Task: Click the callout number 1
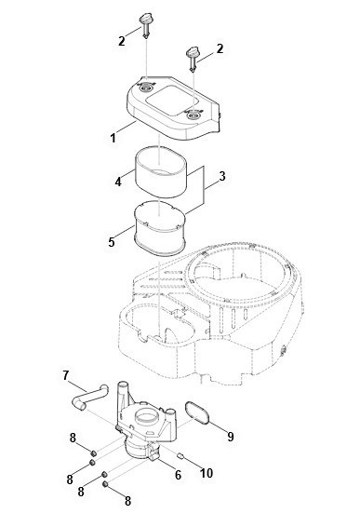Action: click(113, 138)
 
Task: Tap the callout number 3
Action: click(222, 176)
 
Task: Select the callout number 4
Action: click(118, 182)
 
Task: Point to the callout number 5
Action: click(112, 242)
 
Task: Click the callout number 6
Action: click(178, 475)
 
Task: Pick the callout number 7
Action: click(66, 375)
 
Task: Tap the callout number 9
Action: click(231, 437)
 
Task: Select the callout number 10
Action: click(207, 473)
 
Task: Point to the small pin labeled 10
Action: click(180, 455)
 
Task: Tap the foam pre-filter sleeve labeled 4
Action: click(161, 172)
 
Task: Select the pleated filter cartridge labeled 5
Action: click(159, 228)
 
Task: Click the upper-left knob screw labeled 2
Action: click(145, 25)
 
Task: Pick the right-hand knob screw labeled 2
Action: click(193, 60)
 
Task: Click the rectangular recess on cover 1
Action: click(171, 100)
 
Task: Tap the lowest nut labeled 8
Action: click(105, 484)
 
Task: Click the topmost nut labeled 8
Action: click(94, 453)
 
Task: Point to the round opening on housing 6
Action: click(147, 416)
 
